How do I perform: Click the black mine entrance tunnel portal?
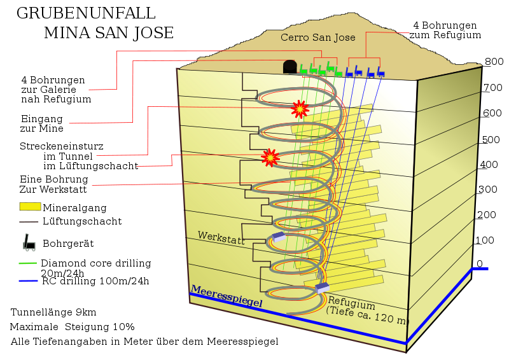290,66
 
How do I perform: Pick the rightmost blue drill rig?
380,72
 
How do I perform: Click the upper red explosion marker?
300,109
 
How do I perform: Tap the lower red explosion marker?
270,157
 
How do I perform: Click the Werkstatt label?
221,237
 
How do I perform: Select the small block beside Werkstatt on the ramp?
279,237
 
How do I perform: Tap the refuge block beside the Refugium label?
323,288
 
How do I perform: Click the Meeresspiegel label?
226,297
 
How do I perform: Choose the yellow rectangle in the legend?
30,206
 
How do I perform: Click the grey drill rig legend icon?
29,242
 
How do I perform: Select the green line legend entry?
28,263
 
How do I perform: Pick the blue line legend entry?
28,280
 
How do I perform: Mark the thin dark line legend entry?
29,222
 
